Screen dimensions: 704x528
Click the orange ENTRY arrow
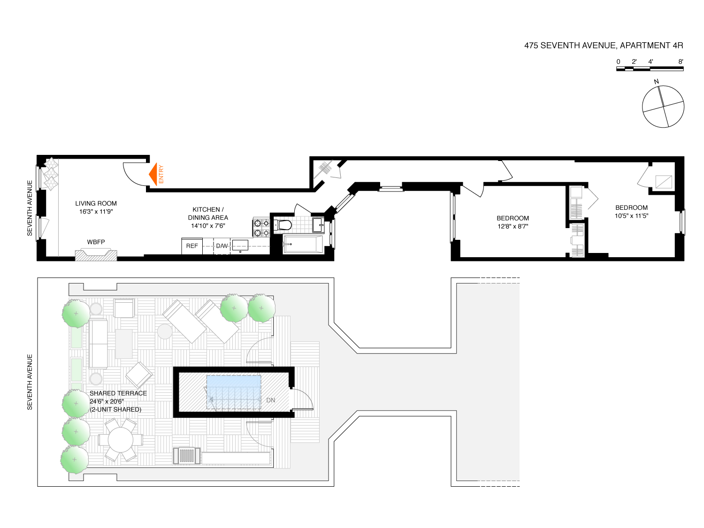click(153, 174)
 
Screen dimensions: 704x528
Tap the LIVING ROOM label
click(96, 203)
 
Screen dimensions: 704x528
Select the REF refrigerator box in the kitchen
click(192, 246)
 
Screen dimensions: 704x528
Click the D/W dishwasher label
click(222, 246)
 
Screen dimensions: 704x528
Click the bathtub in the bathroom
click(302, 244)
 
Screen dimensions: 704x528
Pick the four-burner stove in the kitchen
click(261, 227)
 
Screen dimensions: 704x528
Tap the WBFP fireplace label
click(96, 242)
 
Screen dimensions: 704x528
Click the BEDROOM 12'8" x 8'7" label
click(513, 222)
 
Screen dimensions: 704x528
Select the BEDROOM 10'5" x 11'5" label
click(631, 212)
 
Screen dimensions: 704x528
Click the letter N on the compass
click(656, 81)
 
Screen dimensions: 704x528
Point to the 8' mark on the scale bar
click(681, 61)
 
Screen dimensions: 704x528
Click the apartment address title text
click(604, 46)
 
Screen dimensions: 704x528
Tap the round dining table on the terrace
click(120, 440)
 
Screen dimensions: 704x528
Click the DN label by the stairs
click(271, 400)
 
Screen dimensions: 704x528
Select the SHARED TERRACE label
click(118, 393)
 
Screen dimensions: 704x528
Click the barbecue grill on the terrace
click(187, 456)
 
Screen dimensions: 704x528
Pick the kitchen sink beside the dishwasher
click(240, 245)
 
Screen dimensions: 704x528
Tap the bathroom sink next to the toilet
click(318, 225)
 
